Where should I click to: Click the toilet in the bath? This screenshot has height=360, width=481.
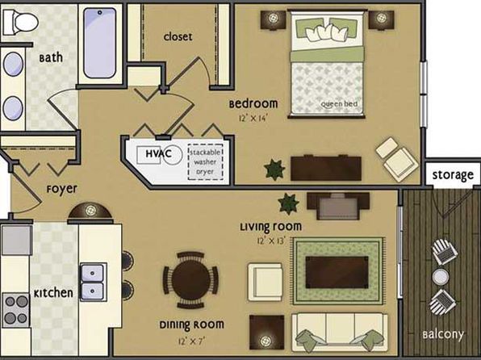pos(20,22)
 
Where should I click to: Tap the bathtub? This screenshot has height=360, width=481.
pos(100,43)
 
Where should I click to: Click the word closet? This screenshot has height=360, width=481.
pos(178,37)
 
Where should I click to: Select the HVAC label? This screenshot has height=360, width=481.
pos(158,153)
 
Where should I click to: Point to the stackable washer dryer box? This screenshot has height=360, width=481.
pos(205,161)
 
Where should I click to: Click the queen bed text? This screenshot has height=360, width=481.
pos(339,104)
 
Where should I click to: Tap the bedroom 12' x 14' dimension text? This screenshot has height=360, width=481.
pos(253,118)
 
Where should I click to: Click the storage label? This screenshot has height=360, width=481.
pos(453,175)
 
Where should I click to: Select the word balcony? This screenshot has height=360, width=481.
pos(443,334)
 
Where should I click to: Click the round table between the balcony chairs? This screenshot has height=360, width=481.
pos(441,277)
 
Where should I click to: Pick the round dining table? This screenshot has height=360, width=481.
pos(191,280)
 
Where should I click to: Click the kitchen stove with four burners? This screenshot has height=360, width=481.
pos(16,310)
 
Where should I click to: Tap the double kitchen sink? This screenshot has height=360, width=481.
pos(93,282)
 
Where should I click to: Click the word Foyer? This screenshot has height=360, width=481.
pos(61,189)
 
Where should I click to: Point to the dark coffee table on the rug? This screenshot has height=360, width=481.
pos(337,272)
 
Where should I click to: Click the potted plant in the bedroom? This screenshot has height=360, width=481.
pos(274,170)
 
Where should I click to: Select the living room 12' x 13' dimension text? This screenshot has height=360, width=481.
pos(271,241)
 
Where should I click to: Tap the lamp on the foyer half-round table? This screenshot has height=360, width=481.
pos(90,210)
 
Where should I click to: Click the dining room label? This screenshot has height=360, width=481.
pos(191,324)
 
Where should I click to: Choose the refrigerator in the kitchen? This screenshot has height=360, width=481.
pos(17,240)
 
